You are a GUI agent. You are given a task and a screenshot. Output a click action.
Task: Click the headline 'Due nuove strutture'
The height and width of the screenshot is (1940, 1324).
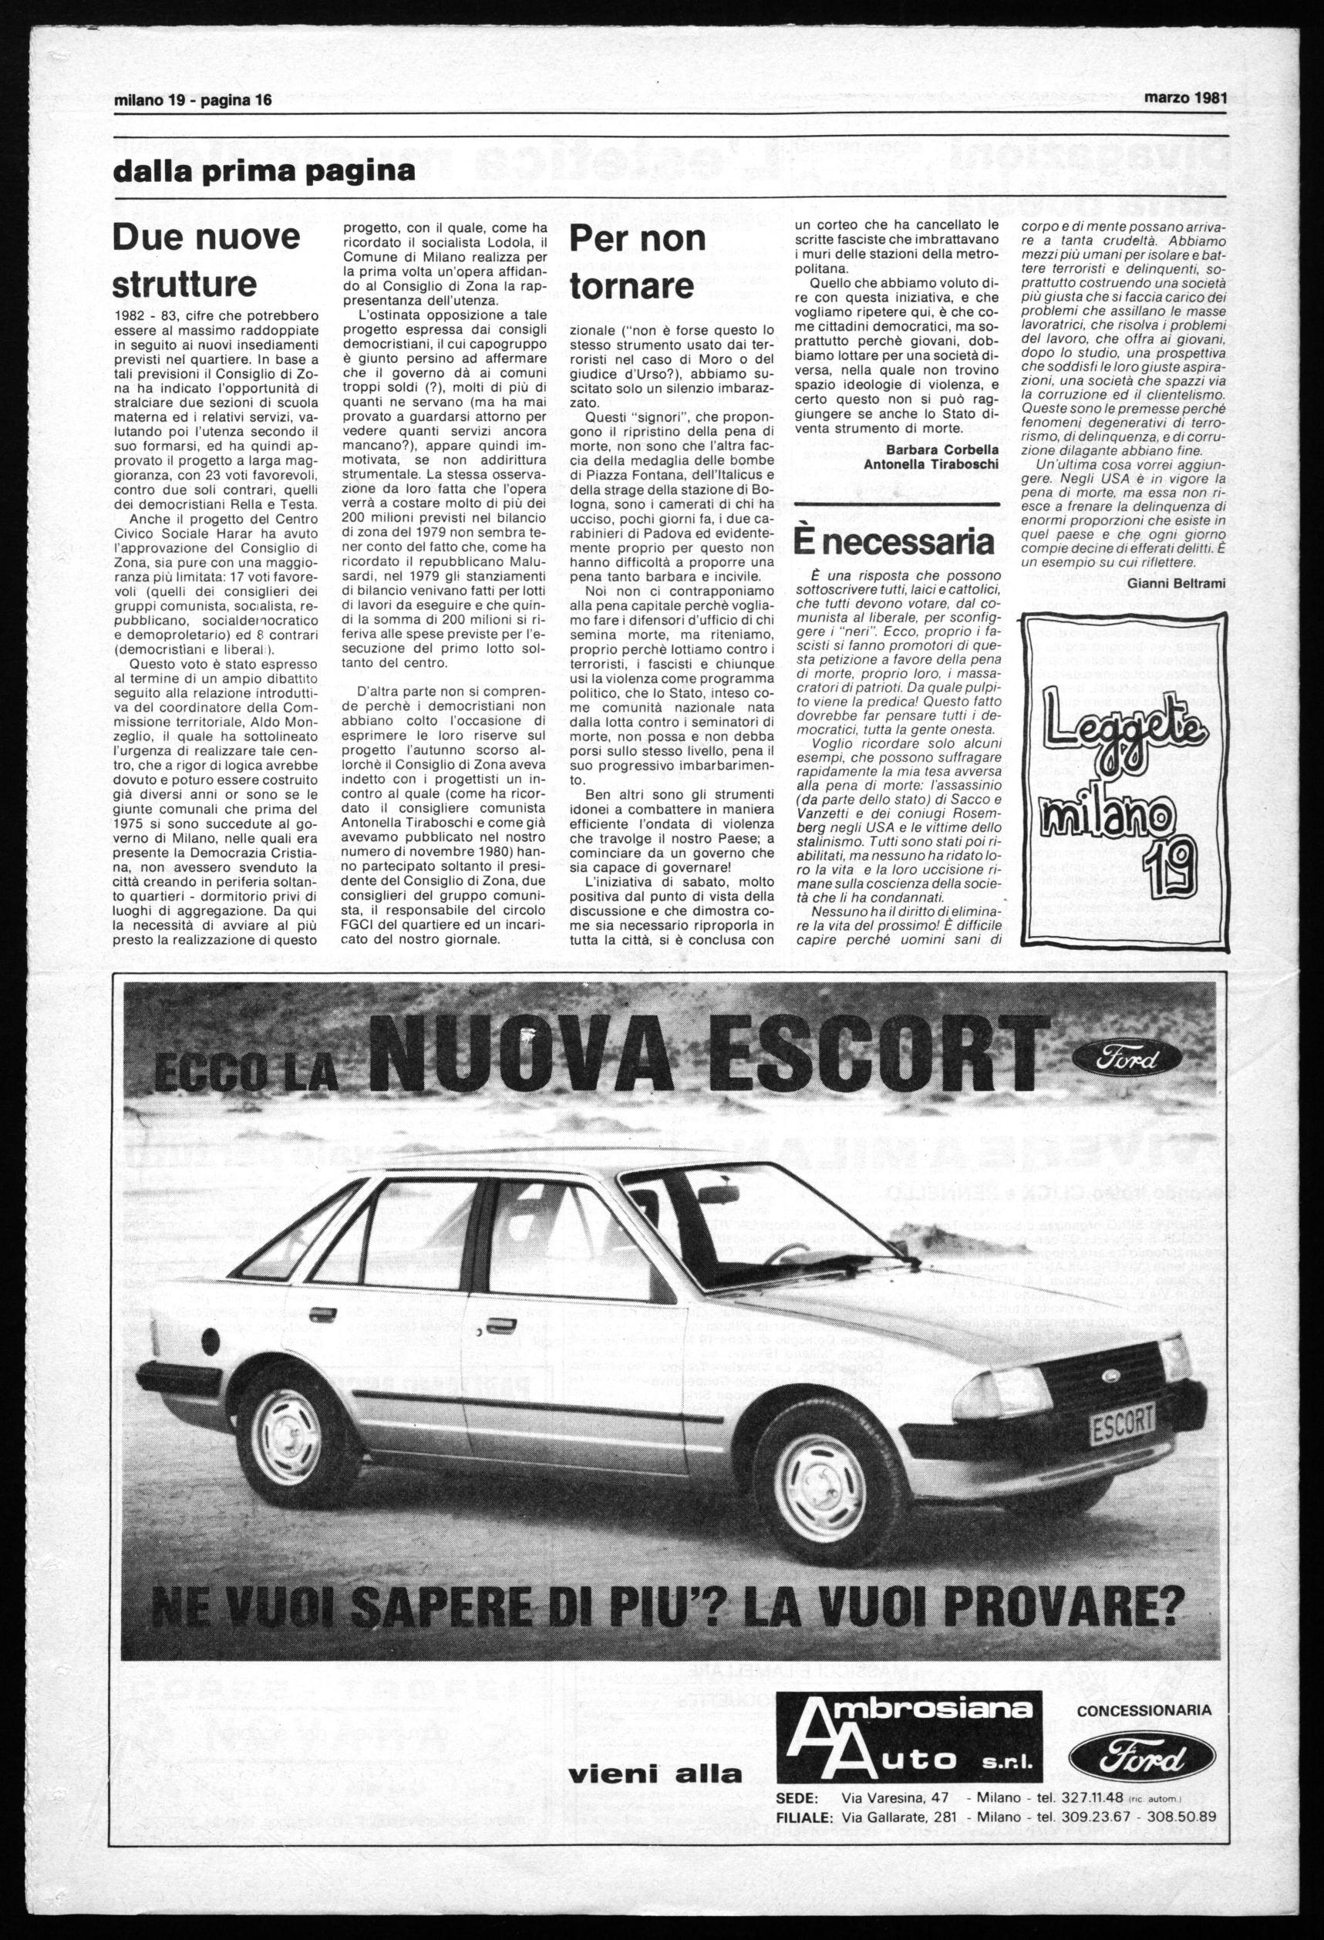pyautogui.click(x=206, y=261)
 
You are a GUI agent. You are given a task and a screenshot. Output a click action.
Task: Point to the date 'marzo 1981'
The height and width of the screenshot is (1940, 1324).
pyautogui.click(x=1184, y=97)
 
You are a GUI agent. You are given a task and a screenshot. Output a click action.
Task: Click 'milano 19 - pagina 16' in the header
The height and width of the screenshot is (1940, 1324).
pyautogui.click(x=193, y=100)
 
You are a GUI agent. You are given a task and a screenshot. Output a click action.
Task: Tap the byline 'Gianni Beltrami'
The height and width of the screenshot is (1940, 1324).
pyautogui.click(x=1175, y=584)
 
